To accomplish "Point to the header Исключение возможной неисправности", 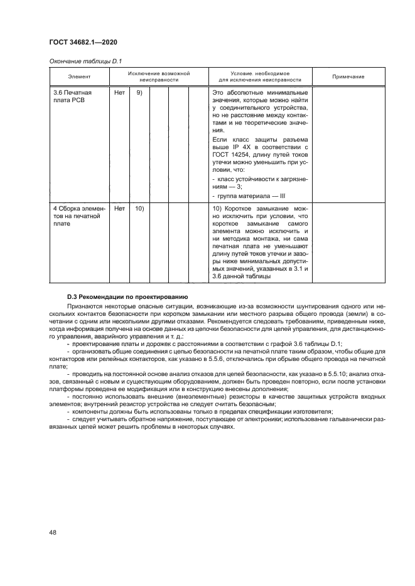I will pyautogui.click(x=159, y=76).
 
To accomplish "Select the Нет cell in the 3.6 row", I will pyautogui.click(x=119, y=93).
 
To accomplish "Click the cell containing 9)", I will pyautogui.click(x=139, y=93).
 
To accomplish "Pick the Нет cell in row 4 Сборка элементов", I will pyautogui.click(x=119, y=209).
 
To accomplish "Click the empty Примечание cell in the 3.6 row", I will pyautogui.click(x=348, y=144).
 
